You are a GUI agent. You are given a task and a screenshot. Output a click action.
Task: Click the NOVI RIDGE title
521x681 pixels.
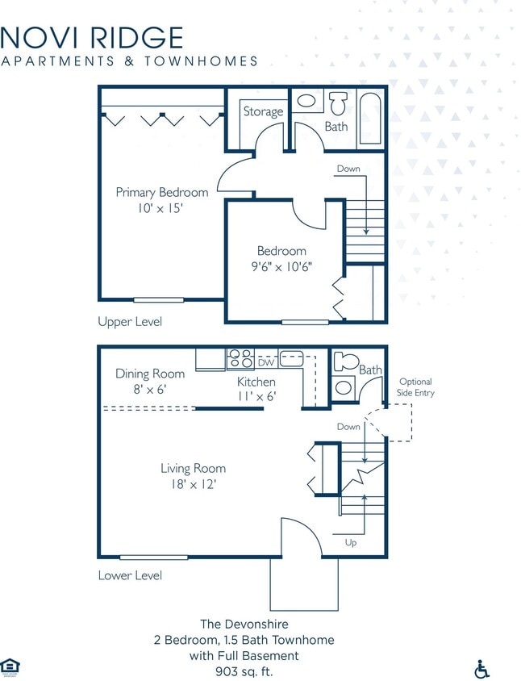pyautogui.click(x=92, y=37)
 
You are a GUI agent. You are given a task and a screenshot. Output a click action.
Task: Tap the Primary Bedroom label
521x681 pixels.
pyautogui.click(x=161, y=193)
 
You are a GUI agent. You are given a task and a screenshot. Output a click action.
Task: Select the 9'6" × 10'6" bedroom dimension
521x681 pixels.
pyautogui.click(x=281, y=267)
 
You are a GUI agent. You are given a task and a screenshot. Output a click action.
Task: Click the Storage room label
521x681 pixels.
pyautogui.click(x=263, y=112)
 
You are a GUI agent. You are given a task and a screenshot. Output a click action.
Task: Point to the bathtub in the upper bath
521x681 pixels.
pyautogui.click(x=369, y=119)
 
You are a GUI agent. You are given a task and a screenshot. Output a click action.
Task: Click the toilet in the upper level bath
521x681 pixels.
pyautogui.click(x=336, y=104)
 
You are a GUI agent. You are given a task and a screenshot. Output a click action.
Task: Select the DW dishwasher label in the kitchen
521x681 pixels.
pyautogui.click(x=265, y=363)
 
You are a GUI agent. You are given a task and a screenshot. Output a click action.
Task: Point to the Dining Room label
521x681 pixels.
pyautogui.click(x=150, y=374)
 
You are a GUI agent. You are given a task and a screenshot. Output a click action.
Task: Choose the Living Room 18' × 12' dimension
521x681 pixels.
pyautogui.click(x=193, y=485)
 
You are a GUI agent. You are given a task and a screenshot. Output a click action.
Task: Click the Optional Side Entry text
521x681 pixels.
pyautogui.click(x=415, y=386)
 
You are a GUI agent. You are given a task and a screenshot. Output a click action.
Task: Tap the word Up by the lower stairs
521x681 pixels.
pyautogui.click(x=351, y=543)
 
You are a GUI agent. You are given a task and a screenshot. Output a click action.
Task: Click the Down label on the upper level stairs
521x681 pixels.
pyautogui.click(x=348, y=169)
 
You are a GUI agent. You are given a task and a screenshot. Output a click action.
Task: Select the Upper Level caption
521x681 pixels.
pyautogui.click(x=130, y=322)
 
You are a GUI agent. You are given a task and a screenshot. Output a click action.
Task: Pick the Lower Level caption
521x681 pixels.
pyautogui.click(x=130, y=575)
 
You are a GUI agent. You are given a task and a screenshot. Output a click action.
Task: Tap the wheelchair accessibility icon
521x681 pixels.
pyautogui.click(x=481, y=668)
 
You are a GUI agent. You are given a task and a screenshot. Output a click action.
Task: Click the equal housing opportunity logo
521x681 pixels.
pyautogui.click(x=10, y=666)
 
